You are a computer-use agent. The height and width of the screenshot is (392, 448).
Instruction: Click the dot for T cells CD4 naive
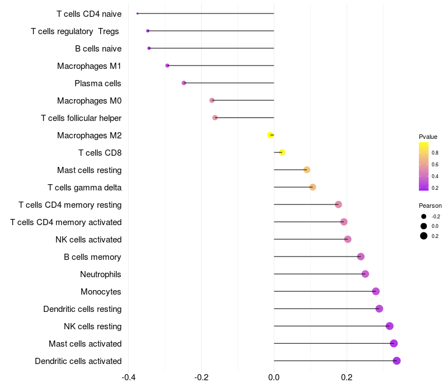(137, 13)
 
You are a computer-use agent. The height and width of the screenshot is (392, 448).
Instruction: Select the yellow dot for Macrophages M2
(270, 135)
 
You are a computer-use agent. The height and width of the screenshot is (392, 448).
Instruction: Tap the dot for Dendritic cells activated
(396, 361)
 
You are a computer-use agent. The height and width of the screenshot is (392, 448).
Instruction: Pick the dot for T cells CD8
(282, 152)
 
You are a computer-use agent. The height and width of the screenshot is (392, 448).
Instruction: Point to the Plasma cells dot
(184, 83)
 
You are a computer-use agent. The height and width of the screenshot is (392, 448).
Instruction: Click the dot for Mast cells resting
(306, 170)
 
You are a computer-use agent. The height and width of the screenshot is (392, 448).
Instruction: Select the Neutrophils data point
(365, 274)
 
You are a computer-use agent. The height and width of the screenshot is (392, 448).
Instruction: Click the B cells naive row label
(98, 49)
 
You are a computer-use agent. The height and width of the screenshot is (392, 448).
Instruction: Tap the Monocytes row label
(101, 292)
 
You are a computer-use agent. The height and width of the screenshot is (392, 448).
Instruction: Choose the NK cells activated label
(88, 240)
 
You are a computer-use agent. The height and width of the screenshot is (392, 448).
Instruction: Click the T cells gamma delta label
(85, 188)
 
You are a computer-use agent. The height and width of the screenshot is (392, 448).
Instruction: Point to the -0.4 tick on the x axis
(128, 377)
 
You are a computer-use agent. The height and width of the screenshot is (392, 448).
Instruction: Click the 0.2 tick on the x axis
(347, 377)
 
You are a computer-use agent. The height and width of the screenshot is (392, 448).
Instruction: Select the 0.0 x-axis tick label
(274, 377)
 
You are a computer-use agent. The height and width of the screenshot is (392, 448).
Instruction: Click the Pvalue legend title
(428, 137)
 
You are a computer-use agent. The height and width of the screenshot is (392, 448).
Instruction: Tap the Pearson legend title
(430, 206)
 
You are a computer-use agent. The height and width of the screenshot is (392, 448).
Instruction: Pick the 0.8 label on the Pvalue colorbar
(435, 152)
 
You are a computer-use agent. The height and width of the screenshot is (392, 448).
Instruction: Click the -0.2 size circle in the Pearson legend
(424, 217)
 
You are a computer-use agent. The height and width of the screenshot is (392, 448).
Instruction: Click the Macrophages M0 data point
(212, 100)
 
